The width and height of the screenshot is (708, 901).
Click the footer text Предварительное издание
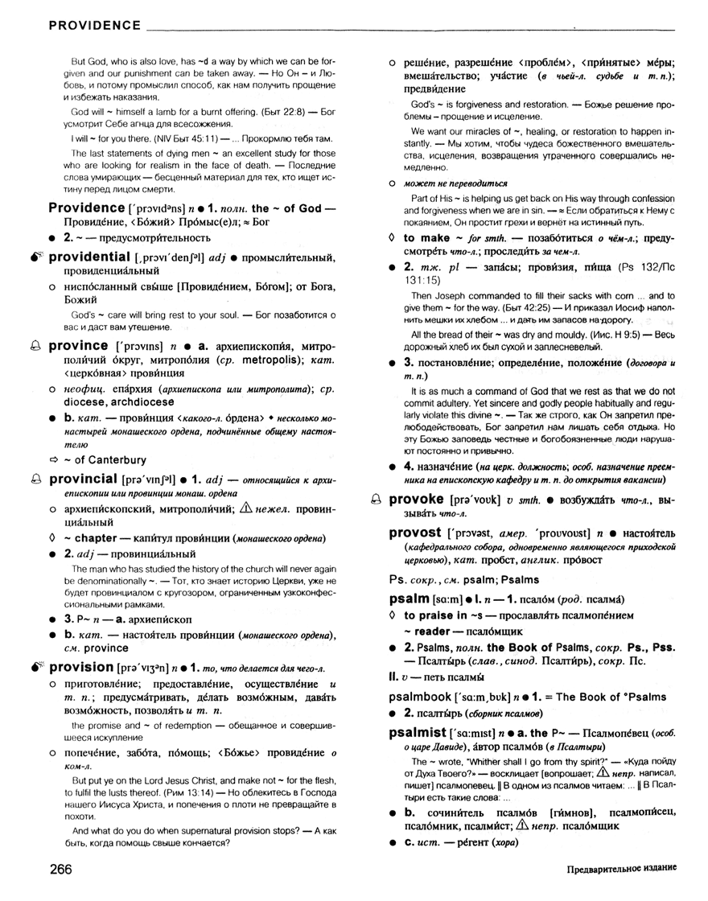619,870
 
